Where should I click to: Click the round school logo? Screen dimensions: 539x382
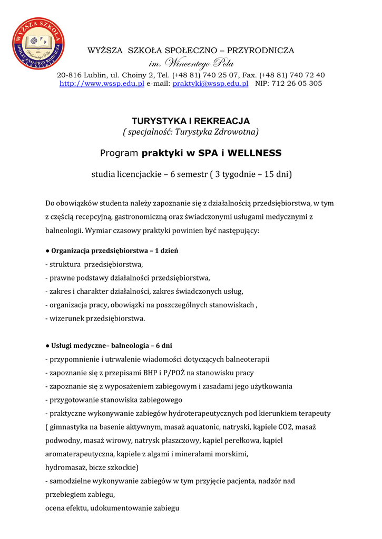(x=38, y=44)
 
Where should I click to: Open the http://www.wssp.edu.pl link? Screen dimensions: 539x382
(x=102, y=84)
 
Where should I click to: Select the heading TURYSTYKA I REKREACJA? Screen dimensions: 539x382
(x=191, y=121)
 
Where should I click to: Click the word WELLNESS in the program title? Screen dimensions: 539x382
(x=253, y=153)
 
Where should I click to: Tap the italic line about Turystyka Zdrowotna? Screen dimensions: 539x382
(x=191, y=131)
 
